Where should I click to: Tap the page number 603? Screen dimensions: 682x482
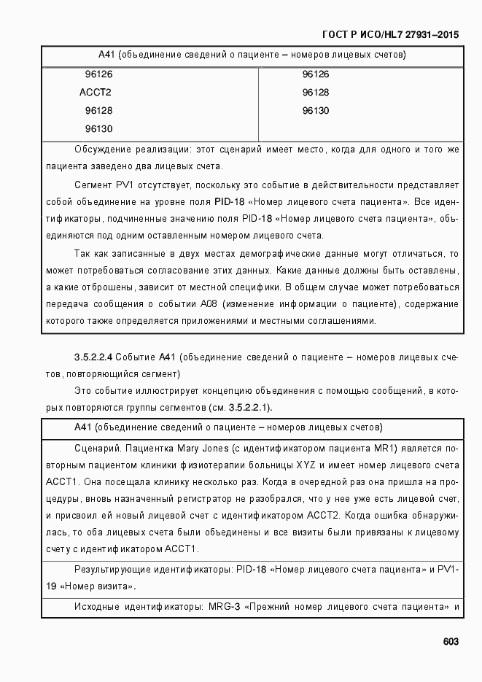pos(450,642)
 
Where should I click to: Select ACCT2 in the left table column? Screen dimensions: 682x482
pos(95,93)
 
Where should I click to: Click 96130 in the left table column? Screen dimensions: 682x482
pos(98,129)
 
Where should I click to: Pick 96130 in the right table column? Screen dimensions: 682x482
pos(315,111)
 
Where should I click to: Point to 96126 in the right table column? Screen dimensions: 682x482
pos(315,74)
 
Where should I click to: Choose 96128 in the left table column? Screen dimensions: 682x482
pos(98,111)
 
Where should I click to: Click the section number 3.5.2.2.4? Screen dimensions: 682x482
pos(93,357)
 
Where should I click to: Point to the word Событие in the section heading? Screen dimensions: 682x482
pos(136,357)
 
